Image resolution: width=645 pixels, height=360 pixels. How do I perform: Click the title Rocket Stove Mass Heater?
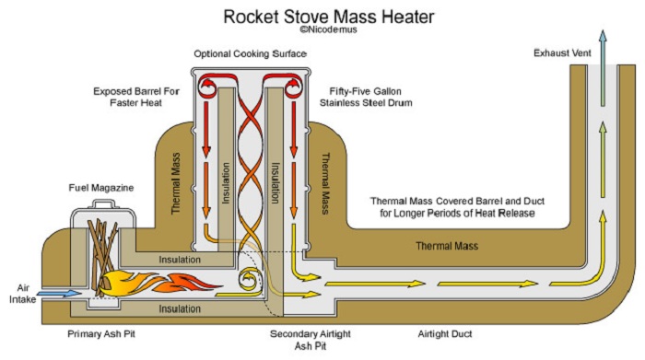329,17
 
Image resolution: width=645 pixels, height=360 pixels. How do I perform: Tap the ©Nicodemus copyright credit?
328,29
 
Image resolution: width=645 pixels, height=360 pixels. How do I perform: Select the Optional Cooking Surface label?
250,53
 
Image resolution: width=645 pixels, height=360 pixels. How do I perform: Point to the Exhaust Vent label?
562,53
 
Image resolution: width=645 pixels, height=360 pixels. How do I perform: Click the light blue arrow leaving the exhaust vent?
603,68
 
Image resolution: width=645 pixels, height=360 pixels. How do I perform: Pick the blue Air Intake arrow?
59,294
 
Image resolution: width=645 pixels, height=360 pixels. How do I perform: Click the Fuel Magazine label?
101,188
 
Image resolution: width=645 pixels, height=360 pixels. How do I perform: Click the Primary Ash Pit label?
101,333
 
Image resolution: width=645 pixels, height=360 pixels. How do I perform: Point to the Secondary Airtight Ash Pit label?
311,340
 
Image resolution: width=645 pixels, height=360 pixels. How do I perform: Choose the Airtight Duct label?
445,333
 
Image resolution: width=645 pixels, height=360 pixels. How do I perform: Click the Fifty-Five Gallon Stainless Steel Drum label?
366,97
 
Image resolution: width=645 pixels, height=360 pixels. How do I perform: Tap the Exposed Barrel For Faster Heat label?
136,97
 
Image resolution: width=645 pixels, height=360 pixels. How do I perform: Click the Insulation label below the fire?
180,308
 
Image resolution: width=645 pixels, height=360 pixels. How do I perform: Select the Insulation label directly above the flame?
180,260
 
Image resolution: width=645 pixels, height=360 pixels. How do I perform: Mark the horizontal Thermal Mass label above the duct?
447,246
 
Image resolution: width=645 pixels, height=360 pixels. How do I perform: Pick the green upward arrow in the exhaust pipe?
603,159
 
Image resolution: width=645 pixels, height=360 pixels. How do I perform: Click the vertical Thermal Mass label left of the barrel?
176,183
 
